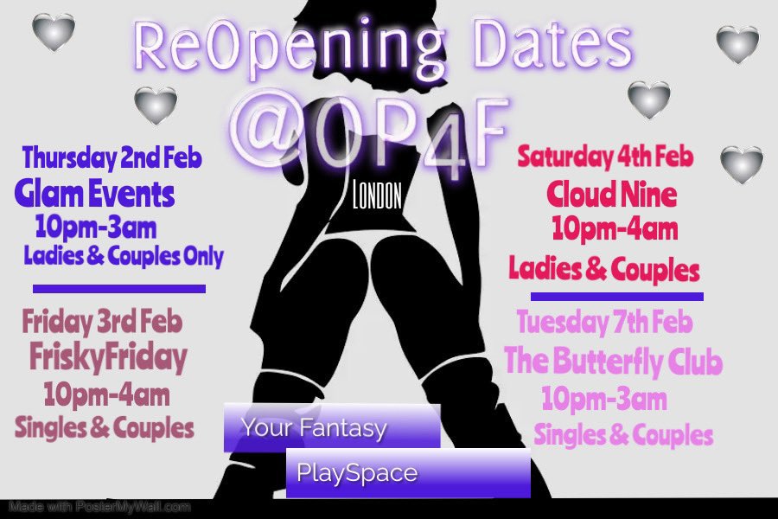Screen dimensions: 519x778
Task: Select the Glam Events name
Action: (x=95, y=195)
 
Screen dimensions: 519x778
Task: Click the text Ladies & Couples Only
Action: (x=124, y=256)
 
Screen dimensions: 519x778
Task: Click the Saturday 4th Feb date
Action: (x=606, y=157)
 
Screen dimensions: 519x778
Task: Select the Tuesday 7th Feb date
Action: (x=604, y=324)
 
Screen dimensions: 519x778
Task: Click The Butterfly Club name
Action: (x=613, y=362)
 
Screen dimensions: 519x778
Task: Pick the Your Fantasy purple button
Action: (x=332, y=427)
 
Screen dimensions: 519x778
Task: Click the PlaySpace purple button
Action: (x=407, y=473)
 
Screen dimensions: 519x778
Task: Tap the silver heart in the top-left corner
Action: (x=53, y=32)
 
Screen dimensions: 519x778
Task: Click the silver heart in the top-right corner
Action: (x=737, y=44)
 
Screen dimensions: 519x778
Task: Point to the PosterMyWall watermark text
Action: (x=99, y=507)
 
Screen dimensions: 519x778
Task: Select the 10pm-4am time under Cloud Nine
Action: (x=614, y=230)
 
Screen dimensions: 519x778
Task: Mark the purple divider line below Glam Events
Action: (x=119, y=289)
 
